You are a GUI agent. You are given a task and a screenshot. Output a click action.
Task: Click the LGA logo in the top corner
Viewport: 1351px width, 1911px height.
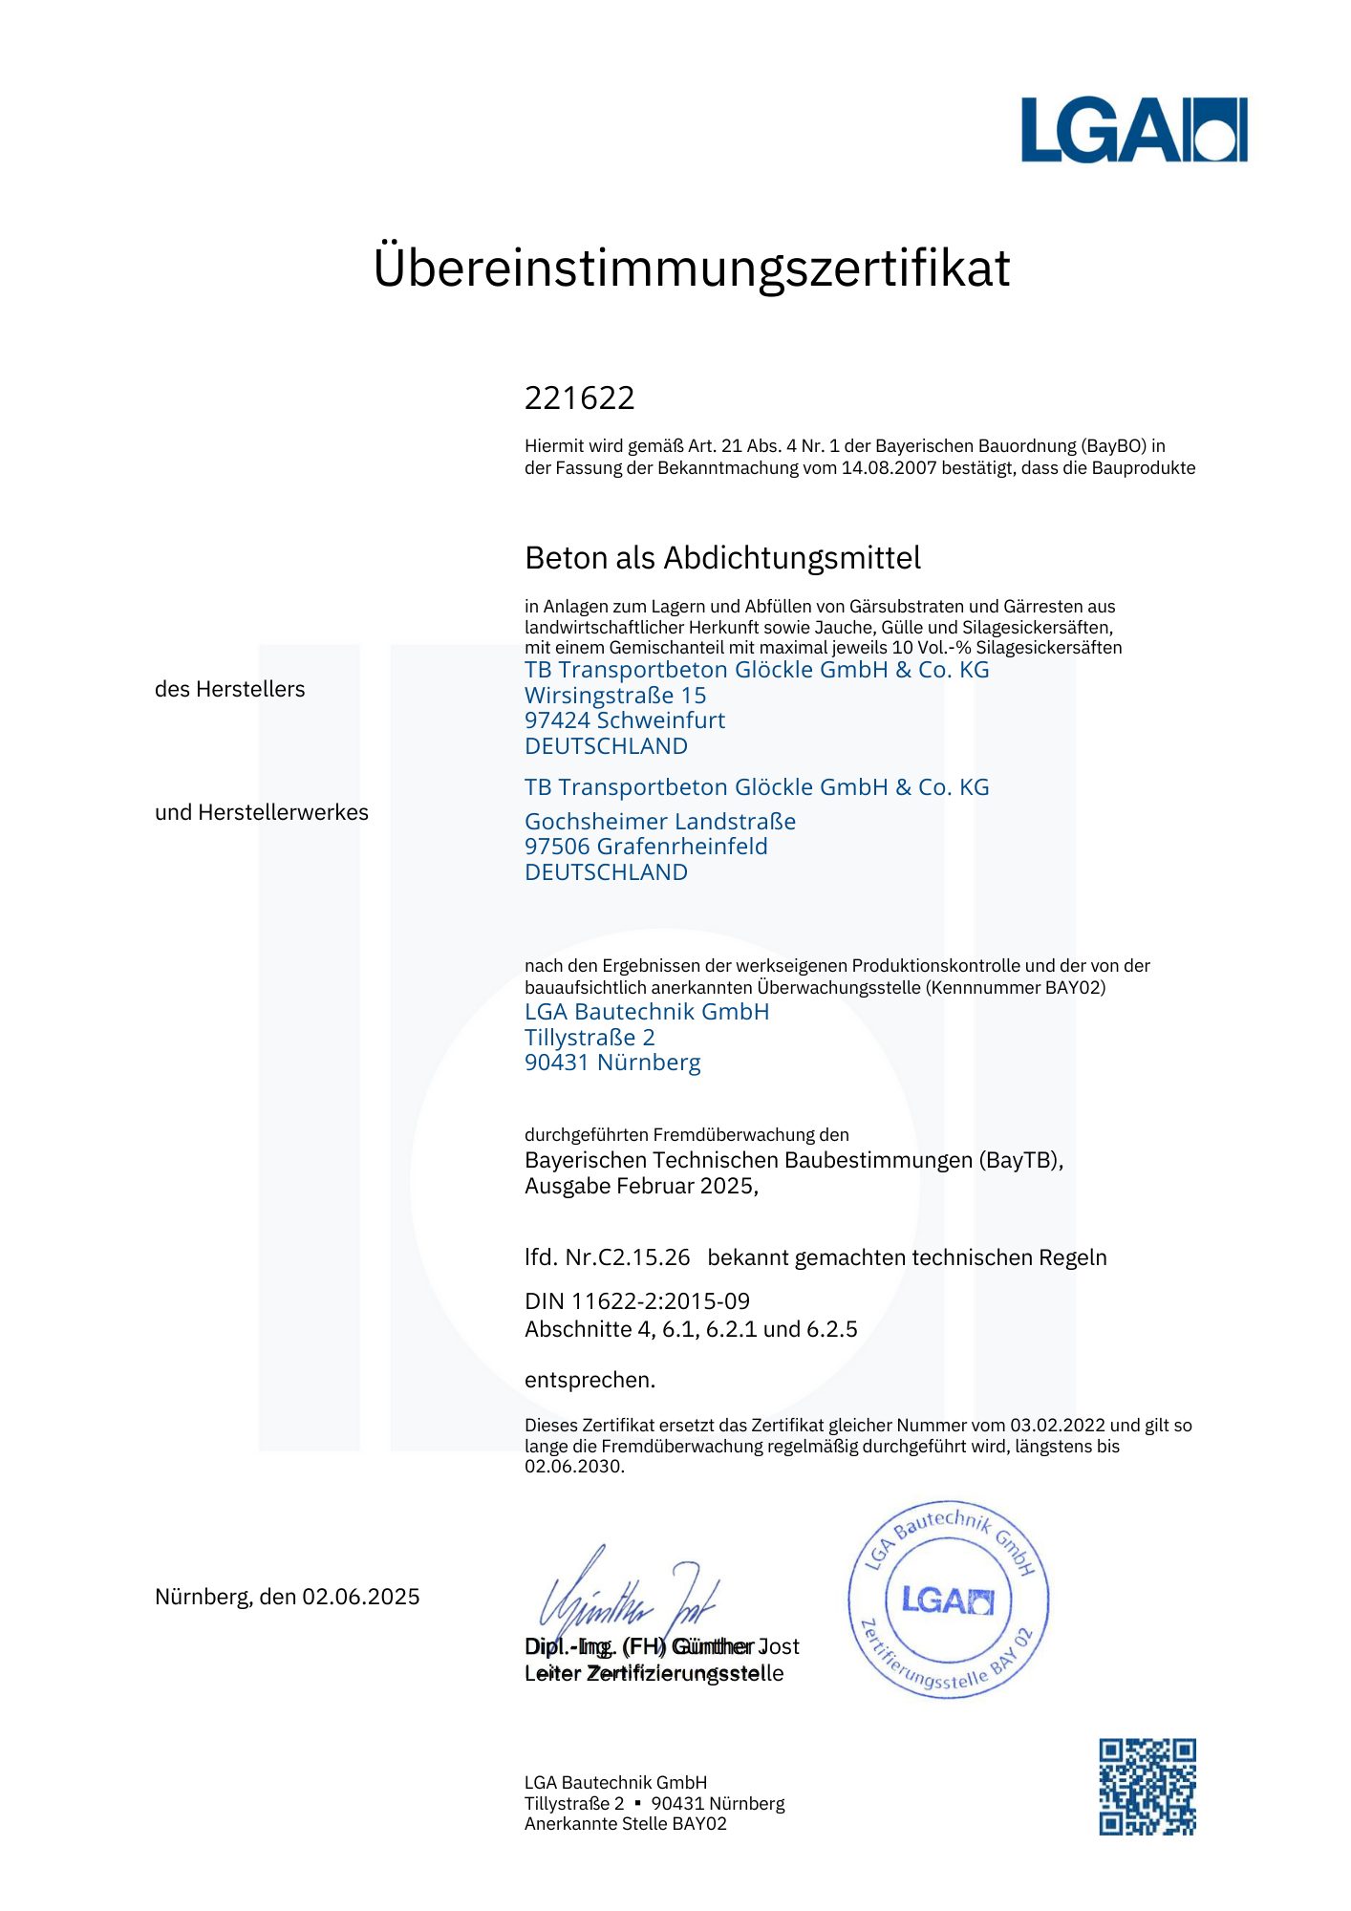1133,130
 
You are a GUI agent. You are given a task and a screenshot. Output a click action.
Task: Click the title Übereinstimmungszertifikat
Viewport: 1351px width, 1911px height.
691,268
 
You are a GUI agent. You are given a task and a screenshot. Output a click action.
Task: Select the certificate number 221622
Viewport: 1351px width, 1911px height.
579,397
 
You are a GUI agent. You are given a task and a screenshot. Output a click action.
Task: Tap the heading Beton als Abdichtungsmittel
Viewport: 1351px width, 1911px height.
722,558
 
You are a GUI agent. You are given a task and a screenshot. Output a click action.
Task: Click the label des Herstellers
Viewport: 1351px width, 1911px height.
229,689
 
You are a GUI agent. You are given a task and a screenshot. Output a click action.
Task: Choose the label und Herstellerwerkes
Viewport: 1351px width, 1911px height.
261,812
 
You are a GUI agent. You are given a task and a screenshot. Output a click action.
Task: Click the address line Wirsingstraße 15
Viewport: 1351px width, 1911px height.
615,696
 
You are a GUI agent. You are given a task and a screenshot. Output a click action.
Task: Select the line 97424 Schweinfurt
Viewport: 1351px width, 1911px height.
625,720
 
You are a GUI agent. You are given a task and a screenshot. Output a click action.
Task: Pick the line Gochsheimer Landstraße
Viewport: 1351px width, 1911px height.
660,822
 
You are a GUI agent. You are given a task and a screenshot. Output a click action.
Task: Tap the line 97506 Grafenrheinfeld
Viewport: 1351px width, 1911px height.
646,847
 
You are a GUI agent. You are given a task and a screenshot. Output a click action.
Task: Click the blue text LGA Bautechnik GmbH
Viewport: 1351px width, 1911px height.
647,1012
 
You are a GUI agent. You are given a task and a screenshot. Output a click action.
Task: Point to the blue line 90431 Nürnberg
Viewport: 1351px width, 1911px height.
612,1063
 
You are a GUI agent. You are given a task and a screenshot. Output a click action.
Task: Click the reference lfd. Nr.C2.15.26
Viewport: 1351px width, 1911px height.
607,1257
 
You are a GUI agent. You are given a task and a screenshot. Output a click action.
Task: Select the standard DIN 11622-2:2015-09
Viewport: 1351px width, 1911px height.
637,1301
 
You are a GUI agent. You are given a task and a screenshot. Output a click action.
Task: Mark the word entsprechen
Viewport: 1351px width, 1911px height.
590,1380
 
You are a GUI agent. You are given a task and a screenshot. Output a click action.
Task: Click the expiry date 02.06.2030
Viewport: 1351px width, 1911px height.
573,1467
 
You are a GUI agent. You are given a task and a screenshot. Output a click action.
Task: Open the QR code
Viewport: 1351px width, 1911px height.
1147,1787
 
